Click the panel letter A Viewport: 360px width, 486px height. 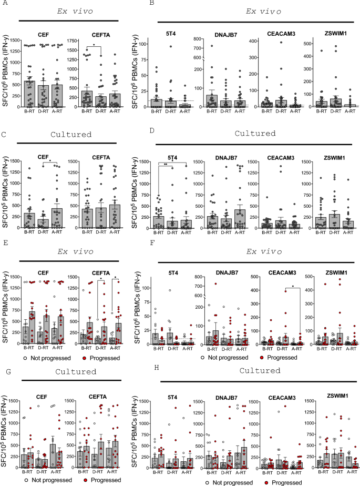(x=4, y=4)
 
